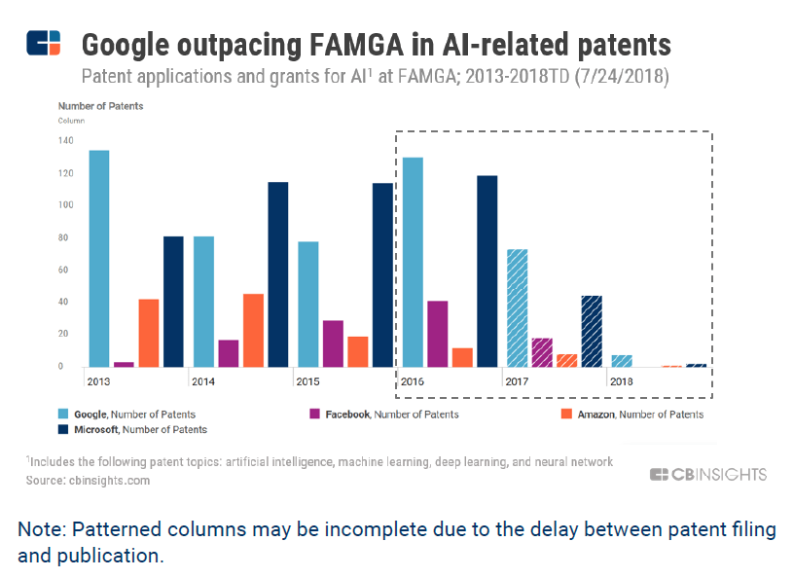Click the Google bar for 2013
pyautogui.click(x=98, y=258)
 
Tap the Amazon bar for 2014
pyautogui.click(x=253, y=330)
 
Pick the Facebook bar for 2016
pyautogui.click(x=438, y=334)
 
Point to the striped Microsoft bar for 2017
pyautogui.click(x=592, y=331)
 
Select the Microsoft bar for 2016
pyautogui.click(x=487, y=271)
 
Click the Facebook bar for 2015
pyautogui.click(x=333, y=343)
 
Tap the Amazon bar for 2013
pyautogui.click(x=149, y=333)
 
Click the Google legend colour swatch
pyautogui.click(x=64, y=414)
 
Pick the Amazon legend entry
pyautogui.click(x=647, y=414)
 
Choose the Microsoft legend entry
pyautogui.click(x=132, y=429)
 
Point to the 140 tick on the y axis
pyautogui.click(x=65, y=141)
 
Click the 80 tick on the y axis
pyautogui.click(x=67, y=237)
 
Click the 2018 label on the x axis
pyautogui.click(x=621, y=381)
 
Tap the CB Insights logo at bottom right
pyautogui.click(x=708, y=475)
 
